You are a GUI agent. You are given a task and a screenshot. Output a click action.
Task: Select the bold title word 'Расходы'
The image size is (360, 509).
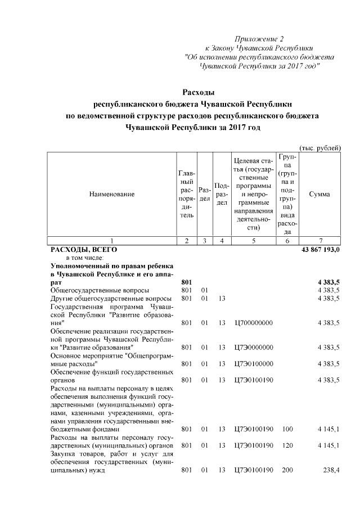click(199, 92)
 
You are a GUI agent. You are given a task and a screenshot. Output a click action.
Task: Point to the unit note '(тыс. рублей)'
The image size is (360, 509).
click(319, 148)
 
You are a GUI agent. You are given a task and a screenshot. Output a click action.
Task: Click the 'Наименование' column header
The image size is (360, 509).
click(112, 194)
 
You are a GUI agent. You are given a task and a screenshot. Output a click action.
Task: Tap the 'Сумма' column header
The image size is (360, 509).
click(319, 194)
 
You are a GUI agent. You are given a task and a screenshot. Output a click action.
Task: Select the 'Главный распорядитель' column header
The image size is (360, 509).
click(186, 194)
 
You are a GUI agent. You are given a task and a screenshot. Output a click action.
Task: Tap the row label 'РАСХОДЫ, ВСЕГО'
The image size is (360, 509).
click(84, 249)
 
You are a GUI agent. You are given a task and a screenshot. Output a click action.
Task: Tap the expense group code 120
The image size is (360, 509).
click(287, 445)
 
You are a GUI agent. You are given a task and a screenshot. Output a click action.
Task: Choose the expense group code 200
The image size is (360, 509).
click(287, 470)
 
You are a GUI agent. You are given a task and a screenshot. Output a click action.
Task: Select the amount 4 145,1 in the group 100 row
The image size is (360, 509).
click(328, 429)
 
